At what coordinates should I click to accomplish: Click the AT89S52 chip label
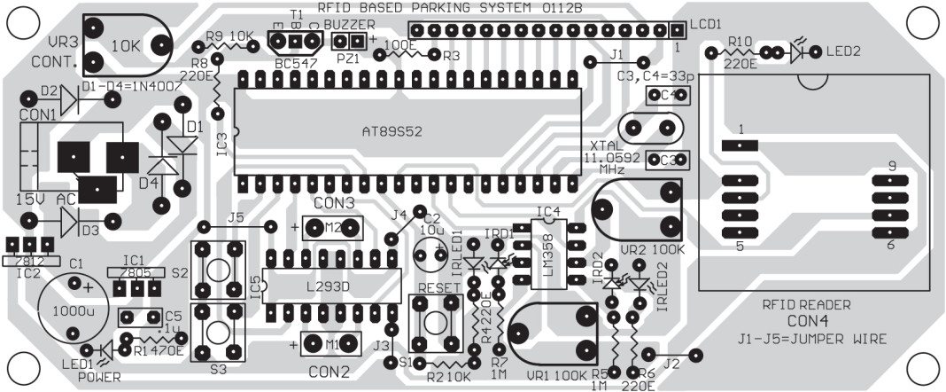click(x=393, y=130)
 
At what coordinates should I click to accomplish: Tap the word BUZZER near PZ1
click(x=344, y=24)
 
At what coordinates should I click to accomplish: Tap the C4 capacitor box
click(x=667, y=95)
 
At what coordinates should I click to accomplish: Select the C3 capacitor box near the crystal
click(x=667, y=161)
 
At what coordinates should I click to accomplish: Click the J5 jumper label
click(x=236, y=217)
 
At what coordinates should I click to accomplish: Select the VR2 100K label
click(x=652, y=249)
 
